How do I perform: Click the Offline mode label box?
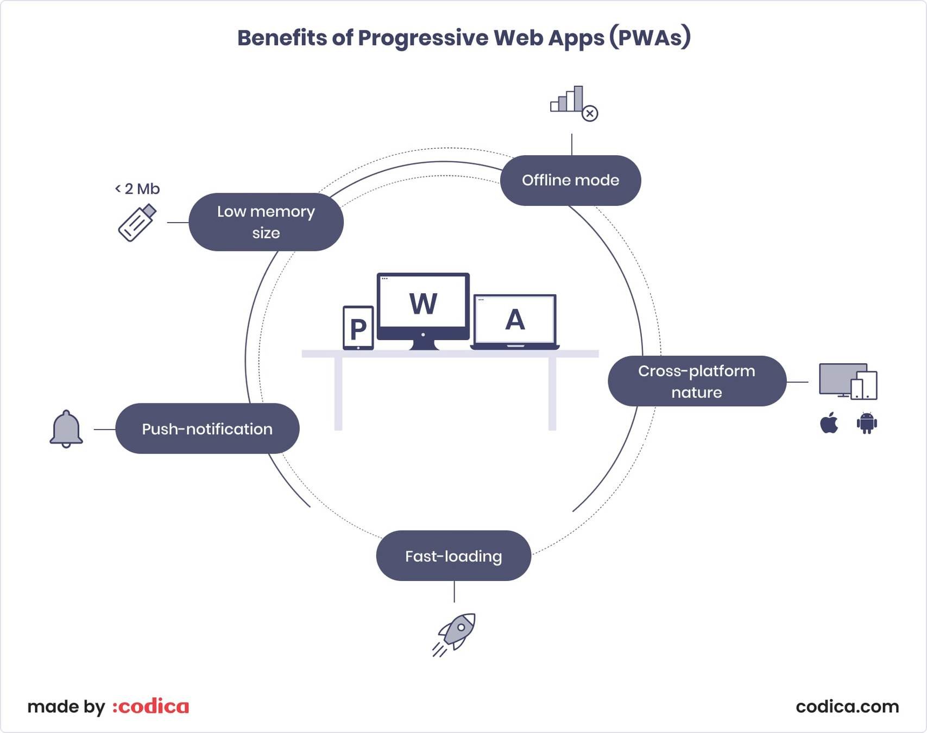pos(570,180)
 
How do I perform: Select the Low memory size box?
pos(266,222)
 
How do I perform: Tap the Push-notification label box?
pos(207,429)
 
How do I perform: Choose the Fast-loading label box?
pos(453,556)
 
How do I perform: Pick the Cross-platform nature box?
pos(697,381)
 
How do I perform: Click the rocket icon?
pos(455,634)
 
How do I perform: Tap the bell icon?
pos(66,429)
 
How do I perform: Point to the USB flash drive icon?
pos(137,223)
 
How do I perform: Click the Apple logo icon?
pos(829,423)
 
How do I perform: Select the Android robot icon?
pos(867,423)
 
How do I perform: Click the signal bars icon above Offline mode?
pos(567,99)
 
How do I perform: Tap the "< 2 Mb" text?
pos(137,189)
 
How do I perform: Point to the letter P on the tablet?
pos(358,329)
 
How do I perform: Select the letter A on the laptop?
pos(515,320)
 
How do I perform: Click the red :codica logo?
pos(151,706)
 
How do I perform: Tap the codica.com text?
pos(847,706)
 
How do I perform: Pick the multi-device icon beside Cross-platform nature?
pos(847,381)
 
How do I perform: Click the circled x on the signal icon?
pos(590,113)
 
